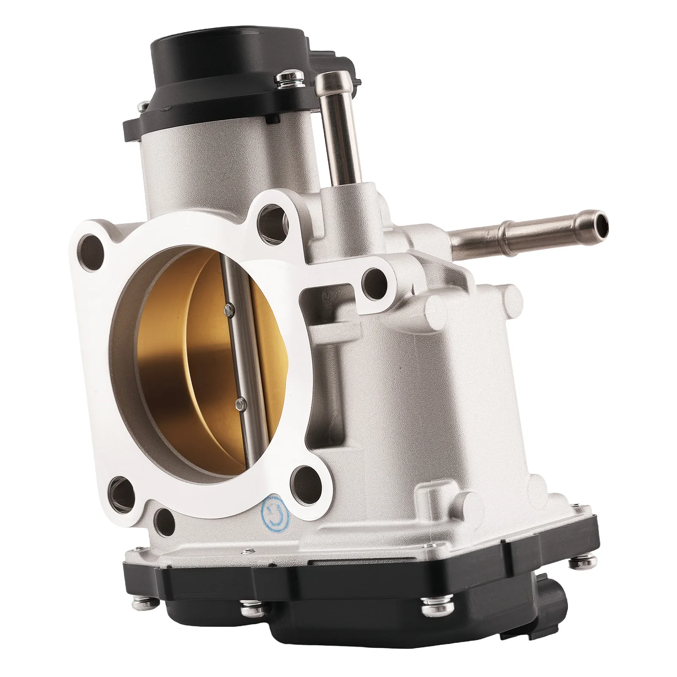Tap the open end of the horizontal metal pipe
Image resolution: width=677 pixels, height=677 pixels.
tap(601, 220)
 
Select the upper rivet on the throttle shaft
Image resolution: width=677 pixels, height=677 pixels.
tap(229, 308)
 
